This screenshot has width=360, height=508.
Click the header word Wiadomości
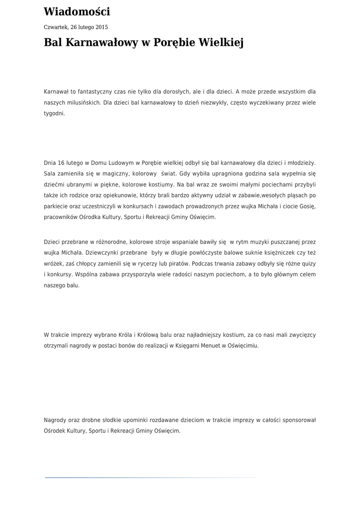coord(77,12)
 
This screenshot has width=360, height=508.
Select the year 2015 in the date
coord(101,27)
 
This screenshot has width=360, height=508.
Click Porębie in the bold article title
coord(171,43)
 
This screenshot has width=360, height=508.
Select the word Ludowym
coord(120,162)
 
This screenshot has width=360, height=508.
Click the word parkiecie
coord(56,206)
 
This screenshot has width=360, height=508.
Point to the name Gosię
coord(306,206)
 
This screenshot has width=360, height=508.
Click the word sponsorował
coord(299,420)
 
